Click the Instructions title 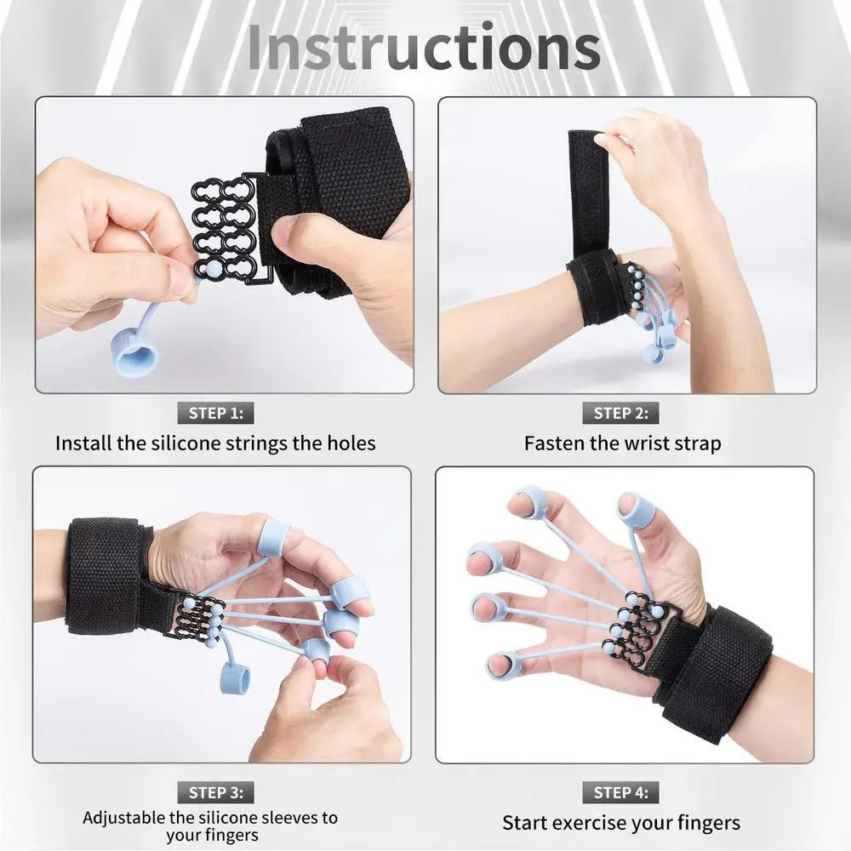(x=423, y=49)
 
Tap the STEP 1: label (x=215, y=414)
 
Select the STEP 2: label (x=620, y=414)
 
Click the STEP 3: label (x=215, y=792)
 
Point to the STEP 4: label (x=620, y=792)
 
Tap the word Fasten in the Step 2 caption (x=553, y=443)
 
